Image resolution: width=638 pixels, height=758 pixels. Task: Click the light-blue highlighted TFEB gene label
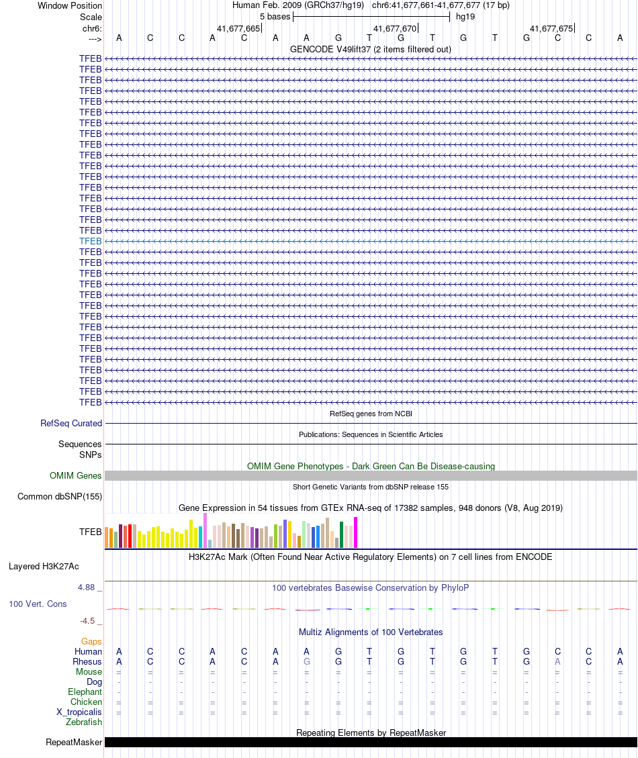coord(91,241)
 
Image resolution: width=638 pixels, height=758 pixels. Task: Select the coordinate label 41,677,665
coord(238,28)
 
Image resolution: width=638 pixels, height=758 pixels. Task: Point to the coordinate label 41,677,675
coord(551,28)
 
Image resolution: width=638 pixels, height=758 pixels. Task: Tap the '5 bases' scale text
coord(275,16)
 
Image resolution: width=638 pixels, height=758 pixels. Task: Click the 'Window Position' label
coord(70,5)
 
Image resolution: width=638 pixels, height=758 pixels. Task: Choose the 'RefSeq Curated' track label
coord(71,424)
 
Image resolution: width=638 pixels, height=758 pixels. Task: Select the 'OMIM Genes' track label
coord(76,476)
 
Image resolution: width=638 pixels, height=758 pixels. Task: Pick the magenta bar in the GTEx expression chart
coord(356,532)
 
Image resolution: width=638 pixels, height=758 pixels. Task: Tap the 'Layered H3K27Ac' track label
coord(44,567)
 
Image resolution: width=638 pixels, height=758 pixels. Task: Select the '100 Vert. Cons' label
coord(38,604)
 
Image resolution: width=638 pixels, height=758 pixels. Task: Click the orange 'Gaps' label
coord(92,642)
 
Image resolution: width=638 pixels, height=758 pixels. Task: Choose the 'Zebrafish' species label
coord(84,722)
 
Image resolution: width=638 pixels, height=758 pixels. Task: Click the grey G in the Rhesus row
coord(307,662)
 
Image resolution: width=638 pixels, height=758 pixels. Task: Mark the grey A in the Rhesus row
coord(557,662)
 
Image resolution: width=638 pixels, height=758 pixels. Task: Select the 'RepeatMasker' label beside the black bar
coord(74,743)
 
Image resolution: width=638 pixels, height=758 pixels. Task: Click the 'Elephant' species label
coord(85,692)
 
